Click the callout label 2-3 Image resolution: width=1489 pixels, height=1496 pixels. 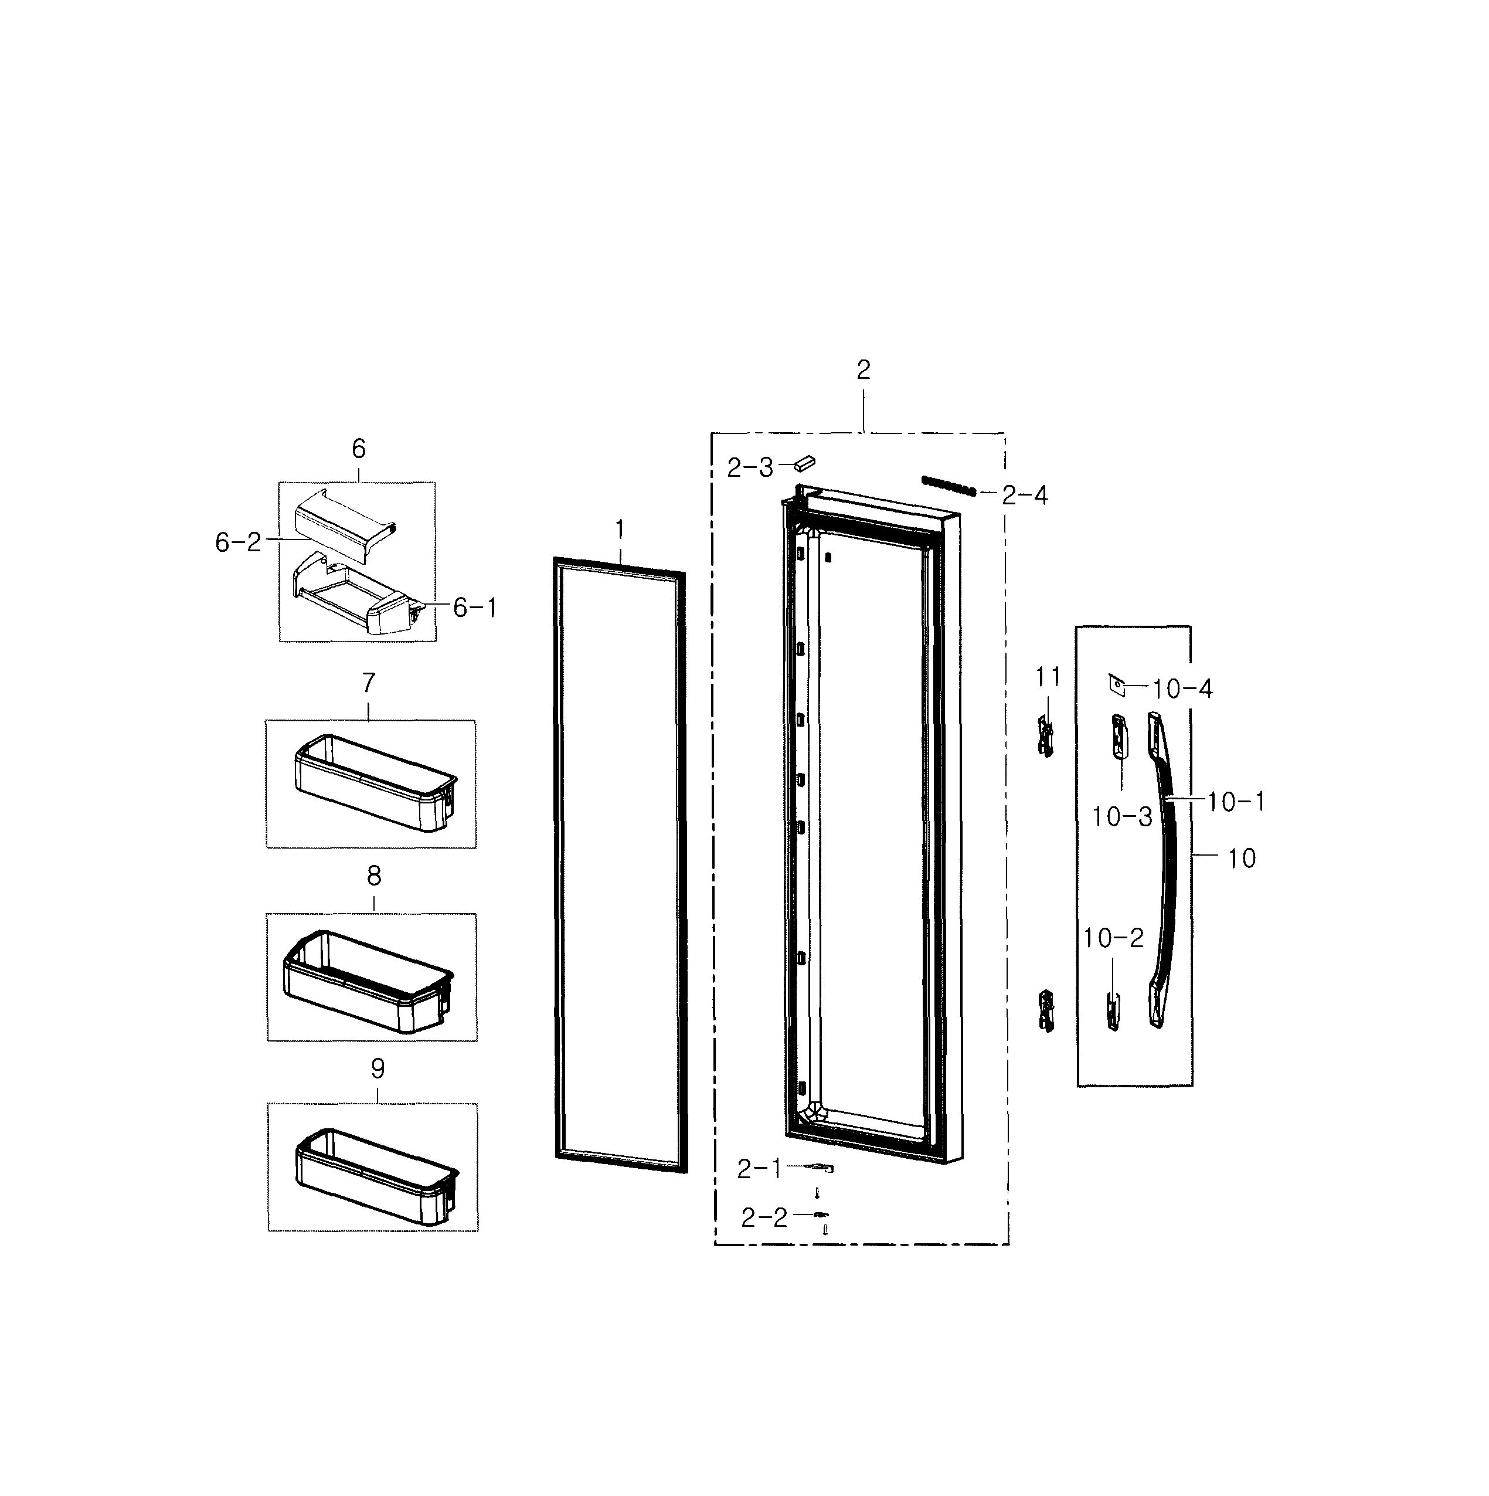tap(749, 468)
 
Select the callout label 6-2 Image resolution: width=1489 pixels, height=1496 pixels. tap(237, 543)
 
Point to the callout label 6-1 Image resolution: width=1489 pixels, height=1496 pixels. tap(474, 608)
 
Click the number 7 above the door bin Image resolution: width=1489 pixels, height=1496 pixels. tap(368, 683)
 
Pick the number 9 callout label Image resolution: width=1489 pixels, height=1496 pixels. tap(377, 1068)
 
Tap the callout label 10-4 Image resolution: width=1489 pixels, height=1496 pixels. tap(1182, 688)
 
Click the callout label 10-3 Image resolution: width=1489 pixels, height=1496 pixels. tap(1121, 816)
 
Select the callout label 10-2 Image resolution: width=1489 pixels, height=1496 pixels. tap(1112, 938)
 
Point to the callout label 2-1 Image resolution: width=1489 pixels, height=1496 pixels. tap(759, 1169)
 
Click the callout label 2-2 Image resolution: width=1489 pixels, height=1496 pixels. tap(764, 1218)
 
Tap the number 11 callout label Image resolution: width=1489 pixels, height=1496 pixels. tap(1048, 677)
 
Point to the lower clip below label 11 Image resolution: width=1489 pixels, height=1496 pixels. tap(1046, 1010)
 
